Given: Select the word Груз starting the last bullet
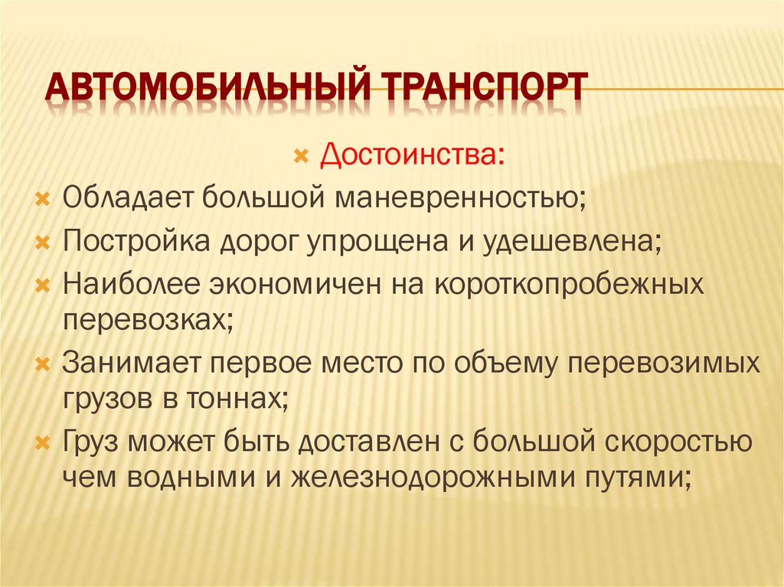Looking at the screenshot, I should pos(96,442).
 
